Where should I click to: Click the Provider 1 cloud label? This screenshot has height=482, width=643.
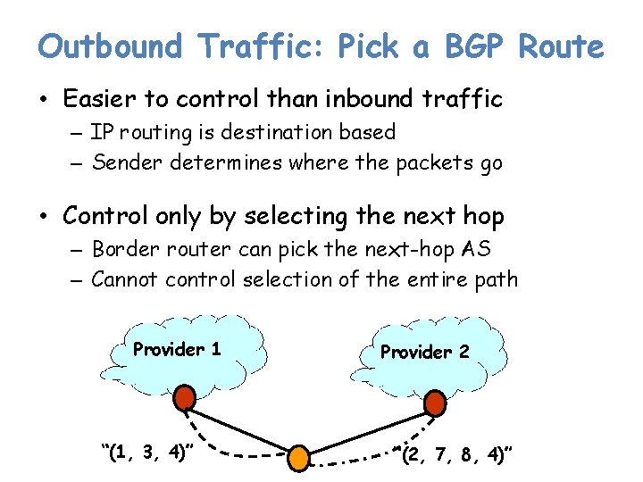[x=177, y=349]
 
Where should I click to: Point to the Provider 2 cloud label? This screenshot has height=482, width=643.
[x=424, y=352]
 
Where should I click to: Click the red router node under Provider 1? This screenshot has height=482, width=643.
[x=184, y=397]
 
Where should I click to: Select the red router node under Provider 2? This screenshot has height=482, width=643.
[x=435, y=403]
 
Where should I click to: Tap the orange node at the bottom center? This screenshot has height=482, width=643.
[x=297, y=458]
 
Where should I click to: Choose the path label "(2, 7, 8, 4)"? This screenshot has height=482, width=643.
[x=456, y=456]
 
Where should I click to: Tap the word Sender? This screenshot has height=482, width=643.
[x=124, y=162]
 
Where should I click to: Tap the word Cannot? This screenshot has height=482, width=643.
[x=125, y=279]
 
